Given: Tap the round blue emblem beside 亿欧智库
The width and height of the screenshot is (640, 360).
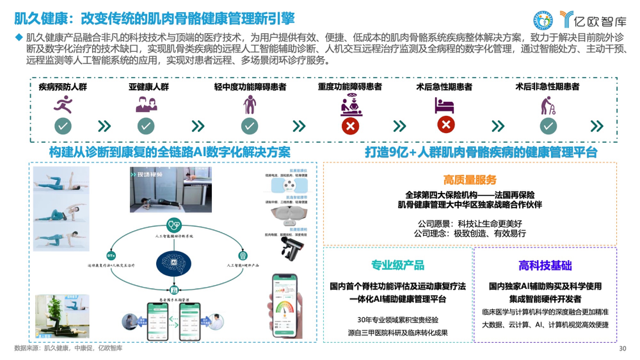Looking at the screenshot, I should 543,20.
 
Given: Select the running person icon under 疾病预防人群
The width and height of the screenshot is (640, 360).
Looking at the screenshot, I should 63,105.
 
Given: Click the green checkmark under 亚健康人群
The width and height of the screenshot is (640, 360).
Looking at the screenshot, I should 146,126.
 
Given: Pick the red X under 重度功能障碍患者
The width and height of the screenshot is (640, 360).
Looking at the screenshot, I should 350,126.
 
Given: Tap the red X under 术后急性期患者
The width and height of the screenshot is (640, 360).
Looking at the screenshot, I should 446,124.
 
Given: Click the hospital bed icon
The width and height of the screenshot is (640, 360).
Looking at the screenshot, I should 444,105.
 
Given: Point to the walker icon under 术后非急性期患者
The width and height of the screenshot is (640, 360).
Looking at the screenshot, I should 548,106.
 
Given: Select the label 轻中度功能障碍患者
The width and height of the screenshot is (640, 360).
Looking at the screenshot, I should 250,87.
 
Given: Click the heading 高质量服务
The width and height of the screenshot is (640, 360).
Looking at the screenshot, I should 470,180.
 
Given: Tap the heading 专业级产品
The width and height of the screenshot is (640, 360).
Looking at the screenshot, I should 398,265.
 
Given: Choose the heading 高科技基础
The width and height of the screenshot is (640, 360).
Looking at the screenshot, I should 545,265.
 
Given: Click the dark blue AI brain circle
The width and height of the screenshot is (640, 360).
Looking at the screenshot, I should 174,263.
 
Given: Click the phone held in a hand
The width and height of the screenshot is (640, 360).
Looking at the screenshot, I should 285,306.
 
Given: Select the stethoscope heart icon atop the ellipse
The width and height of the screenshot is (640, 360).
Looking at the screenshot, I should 174,225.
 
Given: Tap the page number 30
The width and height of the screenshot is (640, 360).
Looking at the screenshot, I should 622,348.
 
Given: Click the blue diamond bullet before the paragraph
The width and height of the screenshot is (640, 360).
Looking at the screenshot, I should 19,37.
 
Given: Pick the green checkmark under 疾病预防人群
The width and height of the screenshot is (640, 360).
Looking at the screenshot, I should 63,126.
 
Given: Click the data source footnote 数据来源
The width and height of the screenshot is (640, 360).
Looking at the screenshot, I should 68,348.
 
